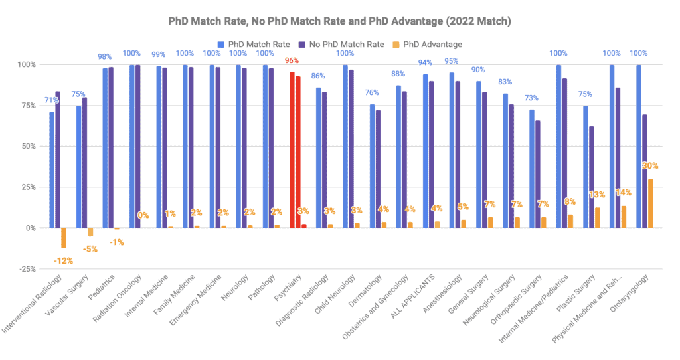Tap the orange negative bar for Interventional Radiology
pyautogui.click(x=64, y=238)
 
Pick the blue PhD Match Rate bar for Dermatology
pyautogui.click(x=372, y=166)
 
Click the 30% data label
pyautogui.click(x=649, y=166)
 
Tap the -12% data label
pyautogui.click(x=64, y=260)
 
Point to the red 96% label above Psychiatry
pyautogui.click(x=292, y=61)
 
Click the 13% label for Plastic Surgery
pyautogui.click(x=596, y=195)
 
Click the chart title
pyautogui.click(x=339, y=21)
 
